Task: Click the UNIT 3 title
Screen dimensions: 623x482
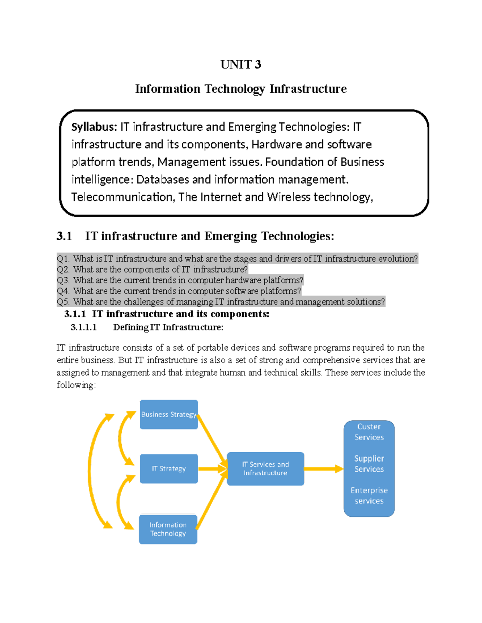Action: pos(241,65)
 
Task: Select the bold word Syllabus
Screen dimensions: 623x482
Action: pos(94,127)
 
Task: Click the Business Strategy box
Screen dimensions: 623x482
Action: pos(169,414)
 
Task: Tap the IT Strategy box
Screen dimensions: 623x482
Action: pos(169,469)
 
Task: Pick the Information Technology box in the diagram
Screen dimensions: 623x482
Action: pos(168,529)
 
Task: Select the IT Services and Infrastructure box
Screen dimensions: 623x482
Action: pos(265,469)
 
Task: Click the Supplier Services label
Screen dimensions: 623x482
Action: pos(369,464)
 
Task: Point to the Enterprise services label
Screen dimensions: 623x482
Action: pos(369,495)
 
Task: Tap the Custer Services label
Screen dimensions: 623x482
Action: pos(369,432)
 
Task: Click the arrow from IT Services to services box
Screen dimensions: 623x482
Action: pos(323,469)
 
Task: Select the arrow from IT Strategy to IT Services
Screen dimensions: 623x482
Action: pos(212,469)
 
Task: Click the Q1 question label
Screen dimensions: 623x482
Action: pos(63,259)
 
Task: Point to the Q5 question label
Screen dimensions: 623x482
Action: pos(63,302)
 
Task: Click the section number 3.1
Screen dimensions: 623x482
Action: pos(64,236)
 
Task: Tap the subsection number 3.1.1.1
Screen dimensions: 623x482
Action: pos(84,327)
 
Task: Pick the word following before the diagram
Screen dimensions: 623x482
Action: pos(76,385)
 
